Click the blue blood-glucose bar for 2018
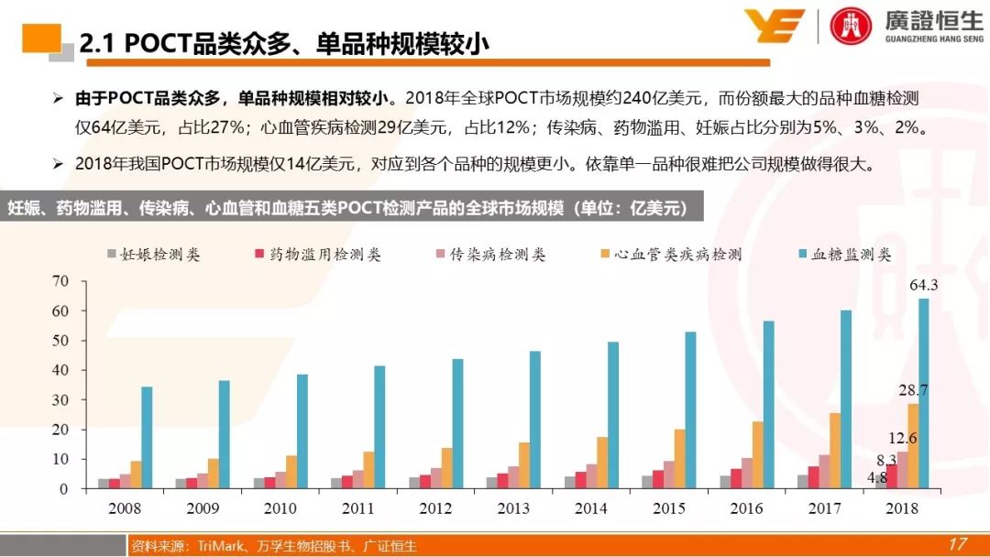point(923,394)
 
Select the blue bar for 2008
point(147,438)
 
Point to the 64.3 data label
point(924,285)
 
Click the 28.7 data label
point(913,390)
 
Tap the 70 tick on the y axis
point(60,281)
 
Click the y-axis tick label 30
point(60,400)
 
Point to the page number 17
point(957,544)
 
